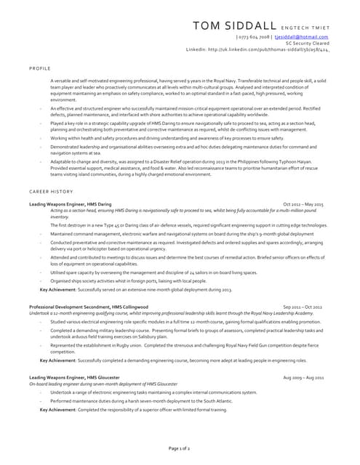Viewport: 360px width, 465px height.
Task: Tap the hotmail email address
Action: pos(301,36)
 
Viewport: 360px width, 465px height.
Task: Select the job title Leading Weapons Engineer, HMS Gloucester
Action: pos(74,378)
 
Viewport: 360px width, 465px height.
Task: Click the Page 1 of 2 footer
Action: pos(180,450)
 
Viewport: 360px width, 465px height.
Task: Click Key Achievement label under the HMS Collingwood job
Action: pos(58,360)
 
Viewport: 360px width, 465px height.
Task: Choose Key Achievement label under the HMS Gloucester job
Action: pos(58,410)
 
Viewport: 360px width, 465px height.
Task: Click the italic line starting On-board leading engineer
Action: pos(103,384)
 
